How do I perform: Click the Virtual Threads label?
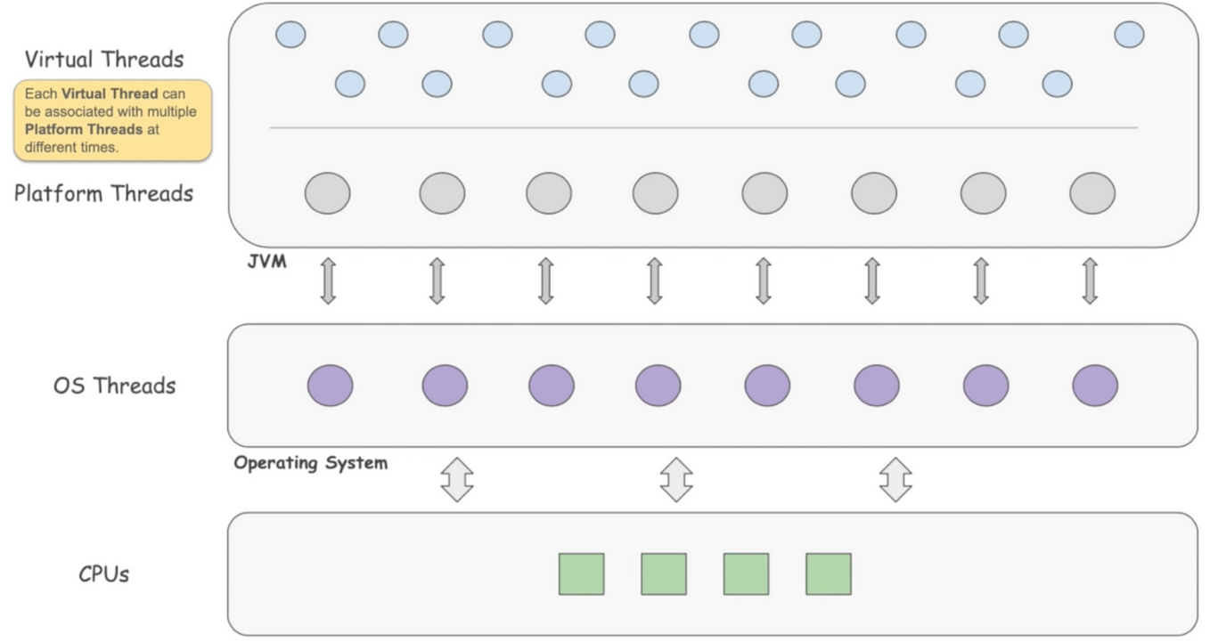point(104,60)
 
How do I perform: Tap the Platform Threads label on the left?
point(103,193)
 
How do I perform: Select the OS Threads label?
point(114,386)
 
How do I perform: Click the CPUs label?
point(103,574)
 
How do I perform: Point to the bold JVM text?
point(267,263)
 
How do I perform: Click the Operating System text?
point(310,463)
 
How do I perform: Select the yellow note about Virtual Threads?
point(112,120)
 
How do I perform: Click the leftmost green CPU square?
point(581,574)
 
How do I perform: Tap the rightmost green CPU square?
point(828,574)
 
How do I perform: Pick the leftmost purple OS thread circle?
point(330,386)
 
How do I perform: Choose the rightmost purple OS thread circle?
point(1094,386)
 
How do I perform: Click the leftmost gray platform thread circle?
point(327,193)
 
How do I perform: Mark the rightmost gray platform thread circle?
point(1091,193)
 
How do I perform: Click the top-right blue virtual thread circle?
point(1128,35)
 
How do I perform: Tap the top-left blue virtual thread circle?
point(290,35)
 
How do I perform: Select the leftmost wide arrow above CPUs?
point(457,479)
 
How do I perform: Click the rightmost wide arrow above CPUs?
point(895,479)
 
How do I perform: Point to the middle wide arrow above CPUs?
point(676,479)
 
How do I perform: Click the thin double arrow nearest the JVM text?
point(328,280)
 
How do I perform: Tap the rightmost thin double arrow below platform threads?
point(1090,280)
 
